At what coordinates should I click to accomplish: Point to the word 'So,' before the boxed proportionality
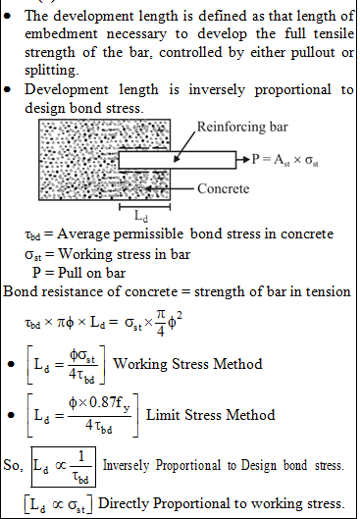click(x=13, y=465)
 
